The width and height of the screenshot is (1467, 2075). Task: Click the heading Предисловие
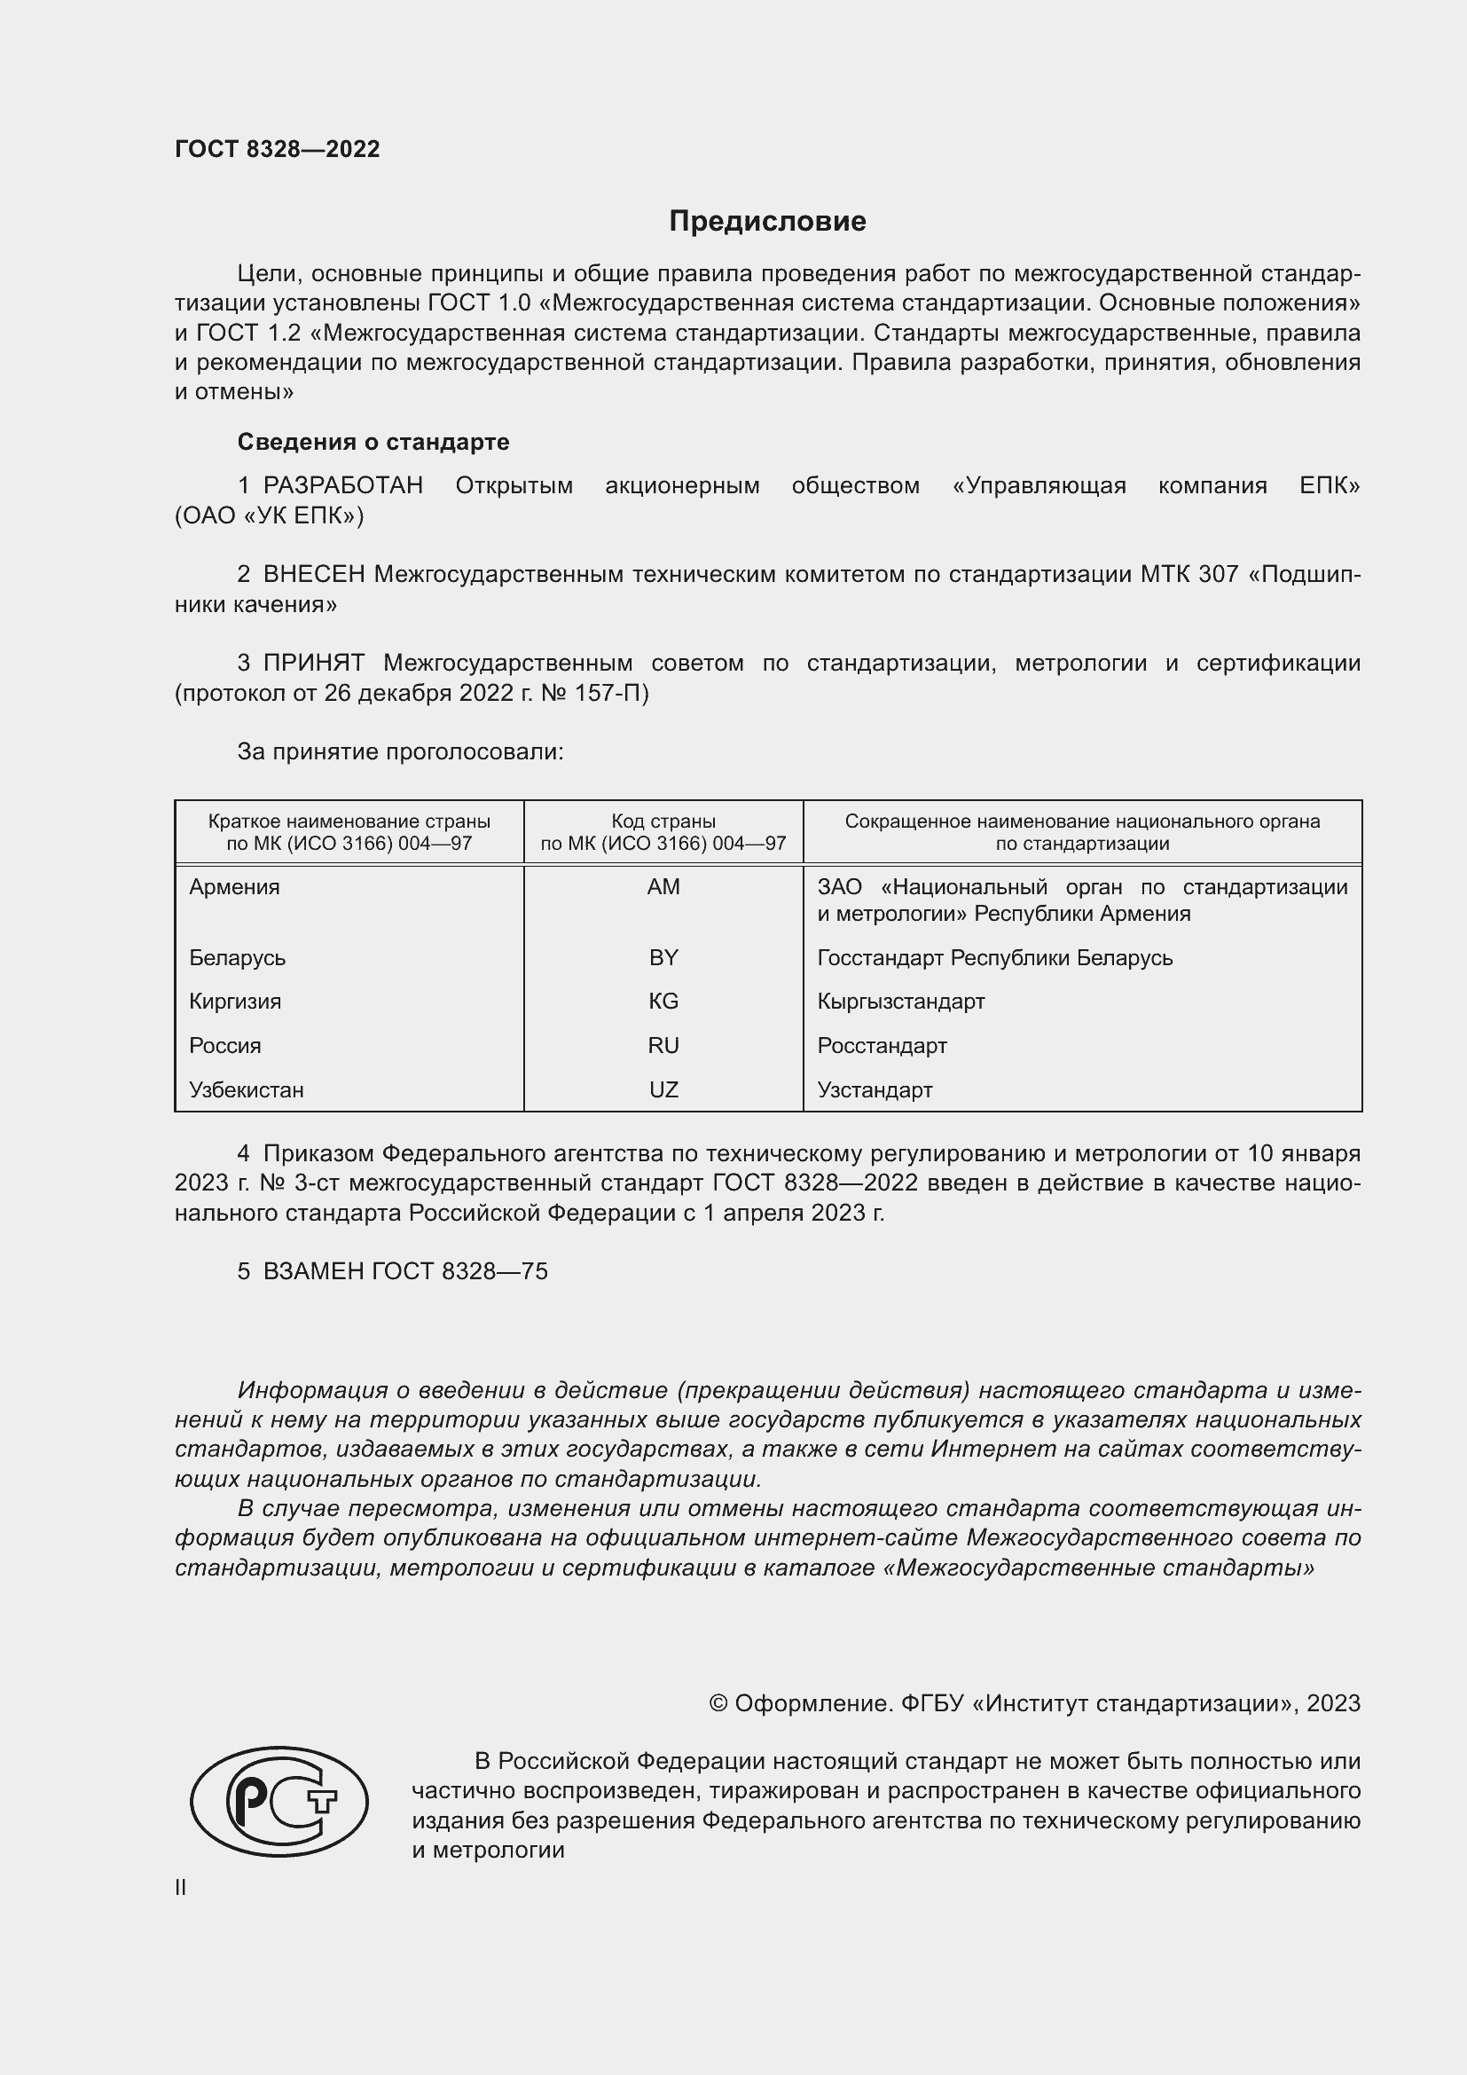tap(767, 222)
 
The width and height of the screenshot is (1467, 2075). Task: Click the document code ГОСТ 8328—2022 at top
tap(278, 149)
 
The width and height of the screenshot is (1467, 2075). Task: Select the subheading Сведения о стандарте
tap(373, 442)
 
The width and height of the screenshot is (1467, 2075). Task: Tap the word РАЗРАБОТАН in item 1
tap(343, 485)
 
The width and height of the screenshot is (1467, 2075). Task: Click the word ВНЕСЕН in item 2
tap(314, 574)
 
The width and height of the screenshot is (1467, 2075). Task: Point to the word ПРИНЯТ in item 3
tap(313, 663)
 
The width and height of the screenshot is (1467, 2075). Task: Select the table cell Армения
tap(235, 886)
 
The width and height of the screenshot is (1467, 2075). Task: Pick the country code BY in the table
tap(663, 957)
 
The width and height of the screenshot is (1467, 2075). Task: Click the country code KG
tap(663, 1002)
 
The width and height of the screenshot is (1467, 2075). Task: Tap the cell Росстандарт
tap(882, 1046)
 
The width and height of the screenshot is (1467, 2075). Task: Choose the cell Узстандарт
tap(875, 1090)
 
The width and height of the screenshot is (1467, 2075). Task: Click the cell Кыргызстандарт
tap(900, 1002)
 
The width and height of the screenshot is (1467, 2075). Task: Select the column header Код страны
tap(663, 821)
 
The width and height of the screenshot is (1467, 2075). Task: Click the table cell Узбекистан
tap(247, 1090)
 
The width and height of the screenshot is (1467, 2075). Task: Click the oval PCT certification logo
tap(279, 1801)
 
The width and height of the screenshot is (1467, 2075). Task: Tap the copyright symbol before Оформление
tap(718, 1703)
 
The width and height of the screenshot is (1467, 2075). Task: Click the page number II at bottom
tap(181, 1888)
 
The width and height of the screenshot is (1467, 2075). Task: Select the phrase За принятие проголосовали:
tap(400, 752)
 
